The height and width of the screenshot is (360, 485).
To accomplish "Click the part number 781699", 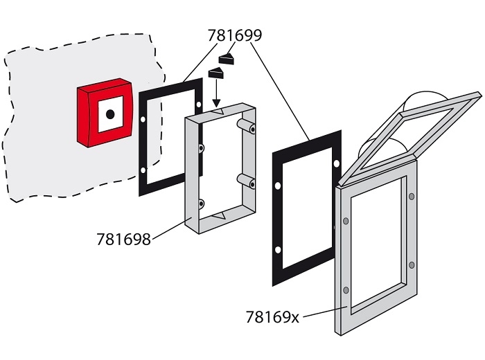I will (235, 35).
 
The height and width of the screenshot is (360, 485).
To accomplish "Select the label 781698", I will (124, 240).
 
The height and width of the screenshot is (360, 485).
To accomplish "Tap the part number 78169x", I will (272, 317).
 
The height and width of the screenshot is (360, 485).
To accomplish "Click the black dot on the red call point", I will (109, 114).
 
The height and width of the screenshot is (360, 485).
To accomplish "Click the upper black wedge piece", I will (227, 57).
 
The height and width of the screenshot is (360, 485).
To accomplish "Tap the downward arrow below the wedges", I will (215, 93).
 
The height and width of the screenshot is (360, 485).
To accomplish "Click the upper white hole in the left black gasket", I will (143, 120).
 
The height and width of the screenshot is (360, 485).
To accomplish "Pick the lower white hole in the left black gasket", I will (143, 170).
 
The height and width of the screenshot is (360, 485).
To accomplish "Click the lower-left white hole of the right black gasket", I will (277, 249).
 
